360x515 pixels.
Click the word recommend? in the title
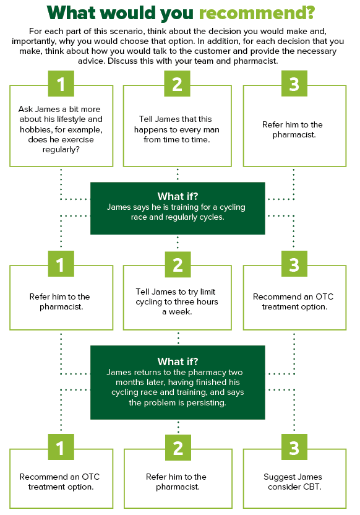257,14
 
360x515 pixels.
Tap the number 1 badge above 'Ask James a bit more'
61,84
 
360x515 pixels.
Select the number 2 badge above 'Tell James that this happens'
177,84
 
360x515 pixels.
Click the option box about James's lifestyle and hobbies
61,126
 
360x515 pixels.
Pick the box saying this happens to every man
177,126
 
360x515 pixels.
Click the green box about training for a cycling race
178,208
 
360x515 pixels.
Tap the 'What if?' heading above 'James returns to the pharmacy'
178,361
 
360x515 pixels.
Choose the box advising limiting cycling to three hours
177,298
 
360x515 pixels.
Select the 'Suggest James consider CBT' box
294,478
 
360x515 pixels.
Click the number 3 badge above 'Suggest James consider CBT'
294,447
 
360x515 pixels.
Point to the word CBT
312,487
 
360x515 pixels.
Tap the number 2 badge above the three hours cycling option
178,264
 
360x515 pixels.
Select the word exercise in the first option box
77,140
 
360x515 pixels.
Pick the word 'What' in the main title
74,13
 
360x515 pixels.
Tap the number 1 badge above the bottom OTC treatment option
61,447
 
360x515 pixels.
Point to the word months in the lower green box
129,383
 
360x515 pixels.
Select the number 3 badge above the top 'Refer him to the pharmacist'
294,84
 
